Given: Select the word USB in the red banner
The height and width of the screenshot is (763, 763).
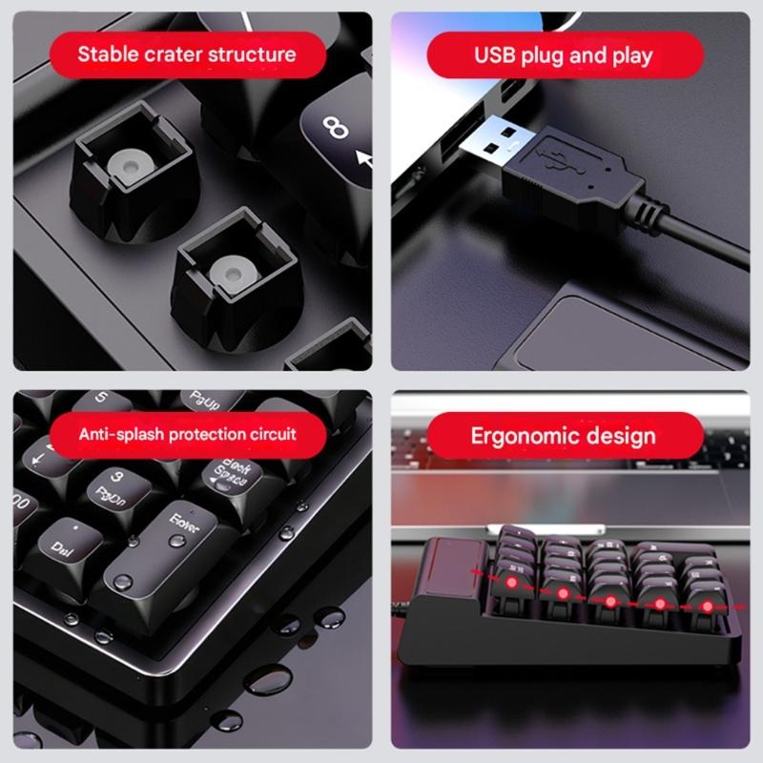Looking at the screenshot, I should (x=496, y=54).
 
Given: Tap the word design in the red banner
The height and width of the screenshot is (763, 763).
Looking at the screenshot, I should (x=621, y=437).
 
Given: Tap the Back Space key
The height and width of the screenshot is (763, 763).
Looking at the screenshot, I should (x=228, y=475).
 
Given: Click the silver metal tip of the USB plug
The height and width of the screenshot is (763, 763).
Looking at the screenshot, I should (x=491, y=143).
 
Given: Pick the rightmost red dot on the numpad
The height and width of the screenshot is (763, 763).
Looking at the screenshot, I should (x=708, y=607).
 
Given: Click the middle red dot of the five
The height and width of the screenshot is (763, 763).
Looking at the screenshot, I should (x=608, y=601).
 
